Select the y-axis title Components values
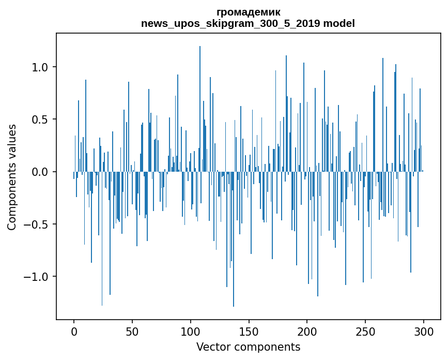click(12, 177)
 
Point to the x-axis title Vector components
click(248, 347)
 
